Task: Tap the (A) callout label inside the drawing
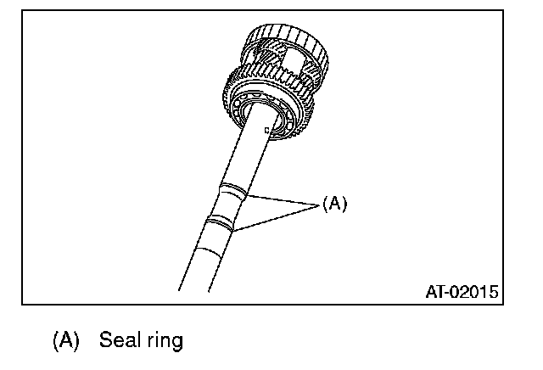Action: (x=334, y=204)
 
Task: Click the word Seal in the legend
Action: (x=117, y=341)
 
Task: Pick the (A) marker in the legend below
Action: (x=65, y=342)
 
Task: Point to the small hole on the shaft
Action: (x=266, y=130)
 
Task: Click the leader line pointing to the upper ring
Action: (x=280, y=199)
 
